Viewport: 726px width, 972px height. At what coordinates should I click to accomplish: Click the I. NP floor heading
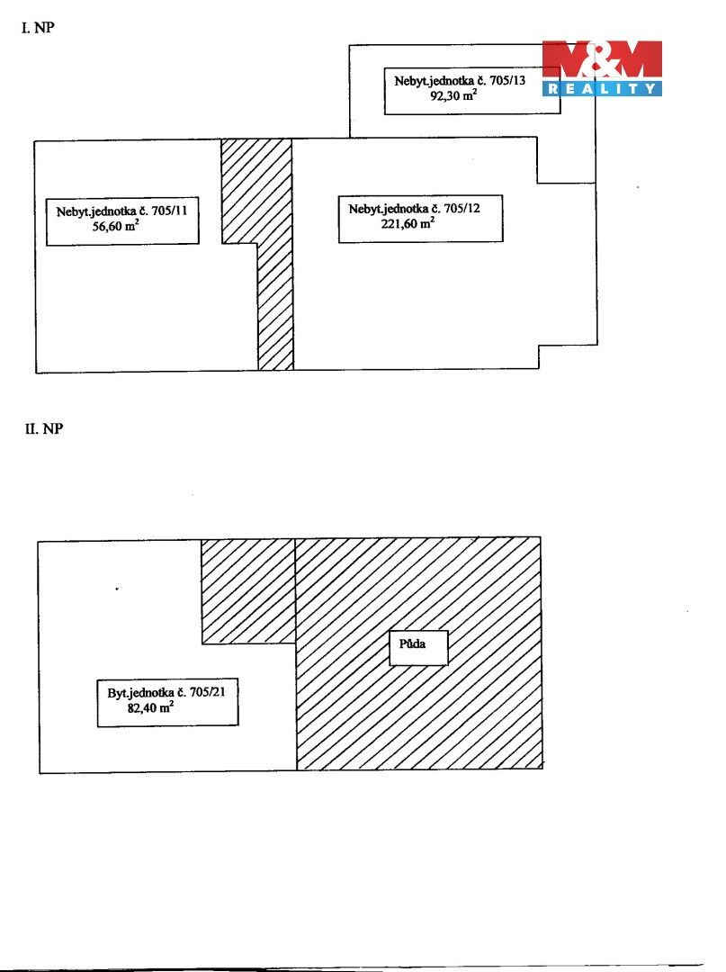pos(38,27)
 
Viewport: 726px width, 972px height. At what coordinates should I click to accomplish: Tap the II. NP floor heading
pos(43,428)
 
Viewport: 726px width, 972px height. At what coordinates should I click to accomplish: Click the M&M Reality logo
pos(602,68)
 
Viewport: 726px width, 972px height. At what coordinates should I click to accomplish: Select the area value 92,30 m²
pos(453,94)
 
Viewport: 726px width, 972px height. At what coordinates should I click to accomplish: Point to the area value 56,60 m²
pos(116,226)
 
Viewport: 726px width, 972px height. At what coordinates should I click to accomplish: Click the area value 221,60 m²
pos(408,223)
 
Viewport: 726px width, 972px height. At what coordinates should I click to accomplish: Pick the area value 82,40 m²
pos(150,706)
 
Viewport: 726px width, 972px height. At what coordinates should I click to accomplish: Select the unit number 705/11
pos(169,211)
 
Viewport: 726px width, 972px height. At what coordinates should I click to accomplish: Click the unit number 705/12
pos(462,208)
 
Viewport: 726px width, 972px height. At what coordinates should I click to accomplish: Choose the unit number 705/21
pos(208,692)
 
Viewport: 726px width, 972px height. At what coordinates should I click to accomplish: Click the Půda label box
pos(418,648)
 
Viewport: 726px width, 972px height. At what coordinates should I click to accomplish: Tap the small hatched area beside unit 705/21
pos(247,591)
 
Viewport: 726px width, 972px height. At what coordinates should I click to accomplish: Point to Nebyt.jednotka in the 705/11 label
pos(96,211)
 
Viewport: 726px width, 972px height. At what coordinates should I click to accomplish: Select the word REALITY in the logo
pos(602,88)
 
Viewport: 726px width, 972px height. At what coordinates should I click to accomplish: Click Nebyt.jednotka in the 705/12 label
pos(389,209)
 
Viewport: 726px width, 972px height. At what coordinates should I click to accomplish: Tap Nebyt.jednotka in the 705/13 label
pos(435,81)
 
